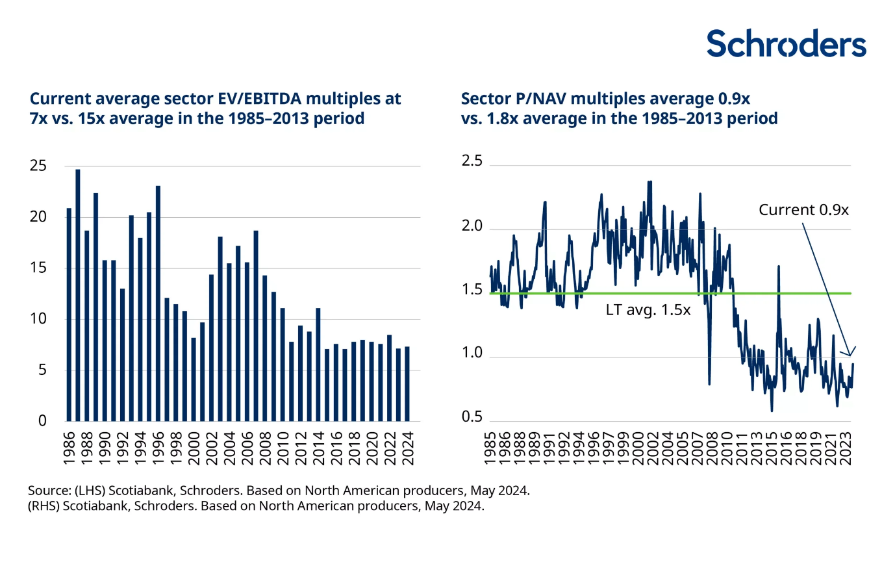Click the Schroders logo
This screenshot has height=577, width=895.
pos(786,44)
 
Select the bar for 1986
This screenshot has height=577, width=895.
pos(69,314)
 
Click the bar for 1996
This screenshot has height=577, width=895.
pos(158,303)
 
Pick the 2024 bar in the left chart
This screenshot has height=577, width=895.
pos(407,384)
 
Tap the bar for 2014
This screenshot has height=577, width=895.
pos(318,365)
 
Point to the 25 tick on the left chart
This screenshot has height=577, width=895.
pos(38,166)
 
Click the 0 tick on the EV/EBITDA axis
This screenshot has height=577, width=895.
pos(42,421)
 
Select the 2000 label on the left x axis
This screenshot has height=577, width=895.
pos(194,448)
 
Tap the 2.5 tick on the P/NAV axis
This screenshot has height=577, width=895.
pos(472,161)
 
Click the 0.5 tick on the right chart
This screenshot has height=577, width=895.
pos(472,417)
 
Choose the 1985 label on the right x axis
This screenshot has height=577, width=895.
pos(491,448)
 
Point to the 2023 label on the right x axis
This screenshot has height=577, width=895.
pos(846,448)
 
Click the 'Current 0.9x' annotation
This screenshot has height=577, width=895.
pos(803,210)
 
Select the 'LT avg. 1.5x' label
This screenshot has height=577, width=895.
pos(648,310)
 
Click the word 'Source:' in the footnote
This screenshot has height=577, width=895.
pos(49,491)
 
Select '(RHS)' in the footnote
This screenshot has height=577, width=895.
pos(44,506)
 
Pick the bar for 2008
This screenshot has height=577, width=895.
pos(265,348)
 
